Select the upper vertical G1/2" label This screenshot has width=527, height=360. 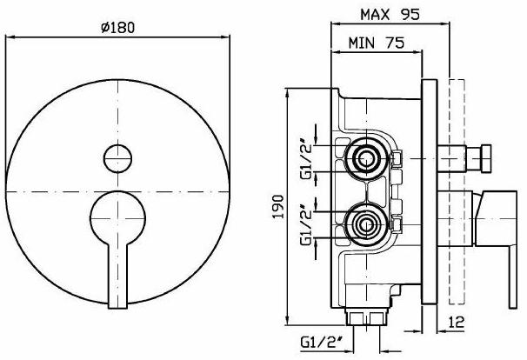click(x=305, y=157)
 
